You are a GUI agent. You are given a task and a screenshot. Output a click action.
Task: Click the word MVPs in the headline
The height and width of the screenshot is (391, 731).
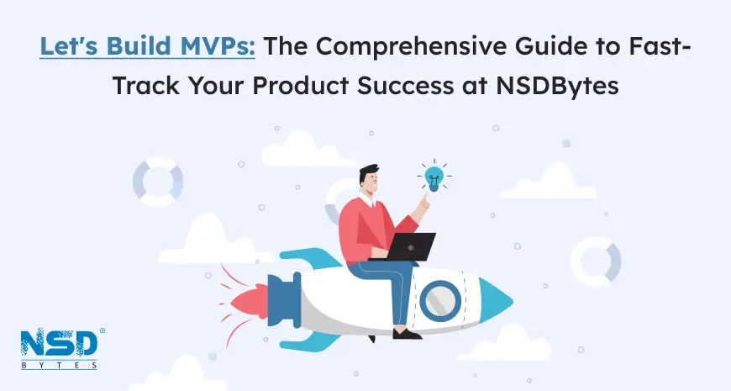tap(218, 45)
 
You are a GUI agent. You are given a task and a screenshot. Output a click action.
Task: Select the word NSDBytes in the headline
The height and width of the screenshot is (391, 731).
tap(557, 86)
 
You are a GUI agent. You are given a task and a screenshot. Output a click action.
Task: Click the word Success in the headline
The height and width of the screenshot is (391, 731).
tap(405, 86)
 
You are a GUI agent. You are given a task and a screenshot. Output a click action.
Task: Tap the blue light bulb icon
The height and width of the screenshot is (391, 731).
tap(434, 177)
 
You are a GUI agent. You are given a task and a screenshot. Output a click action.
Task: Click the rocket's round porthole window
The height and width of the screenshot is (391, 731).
tap(440, 301)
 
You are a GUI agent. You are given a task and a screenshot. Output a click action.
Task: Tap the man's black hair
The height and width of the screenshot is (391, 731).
tap(368, 172)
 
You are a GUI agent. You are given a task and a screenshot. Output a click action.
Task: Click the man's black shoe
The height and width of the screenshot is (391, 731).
tap(407, 333)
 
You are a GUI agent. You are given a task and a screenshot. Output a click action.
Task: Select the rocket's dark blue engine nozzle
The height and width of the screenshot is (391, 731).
tap(284, 300)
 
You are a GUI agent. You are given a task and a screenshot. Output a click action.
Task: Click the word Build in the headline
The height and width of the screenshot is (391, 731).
tap(139, 45)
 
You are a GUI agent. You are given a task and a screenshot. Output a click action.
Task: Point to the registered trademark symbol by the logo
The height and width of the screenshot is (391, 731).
tap(103, 330)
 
